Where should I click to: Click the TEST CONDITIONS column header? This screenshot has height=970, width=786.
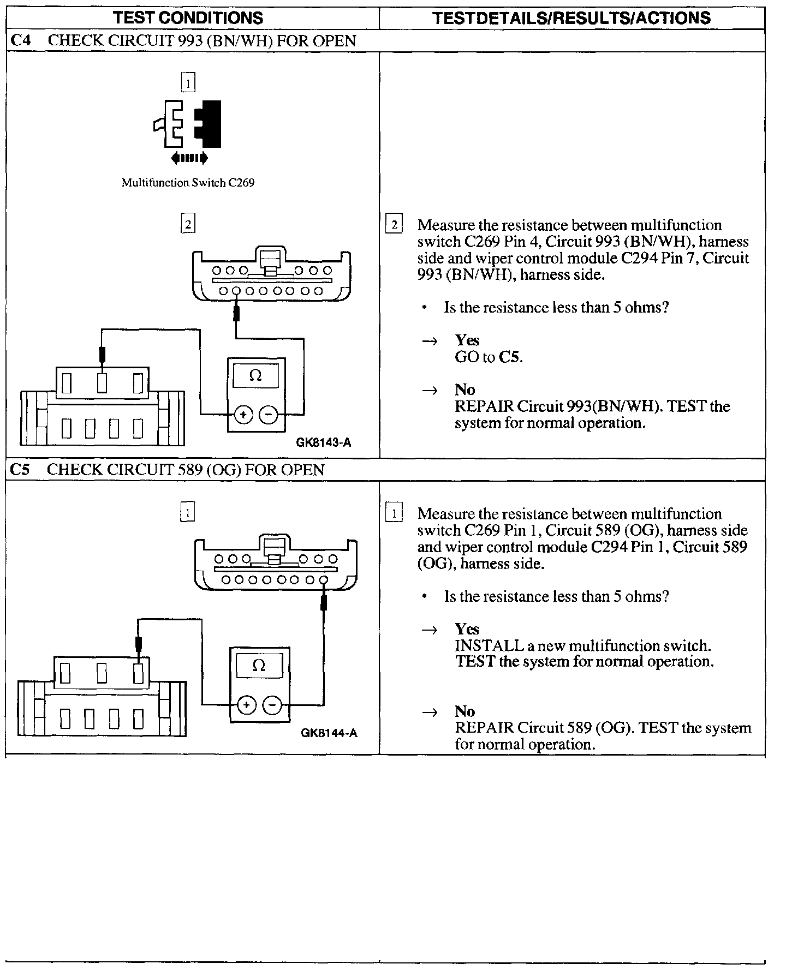click(x=188, y=18)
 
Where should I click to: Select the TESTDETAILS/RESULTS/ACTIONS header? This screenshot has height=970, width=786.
click(x=571, y=18)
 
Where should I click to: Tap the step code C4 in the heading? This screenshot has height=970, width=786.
click(x=20, y=41)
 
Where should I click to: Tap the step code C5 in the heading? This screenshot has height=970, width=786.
click(x=20, y=470)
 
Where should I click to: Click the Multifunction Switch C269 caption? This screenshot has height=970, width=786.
click(x=188, y=183)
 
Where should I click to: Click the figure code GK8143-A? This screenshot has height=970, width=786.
click(x=324, y=442)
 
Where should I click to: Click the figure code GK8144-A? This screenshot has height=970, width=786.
click(x=329, y=733)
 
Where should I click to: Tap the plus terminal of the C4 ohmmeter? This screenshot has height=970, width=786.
click(x=243, y=415)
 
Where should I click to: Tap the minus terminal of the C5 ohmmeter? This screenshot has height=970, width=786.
click(x=272, y=705)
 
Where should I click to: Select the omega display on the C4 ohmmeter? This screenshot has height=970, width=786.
click(x=255, y=375)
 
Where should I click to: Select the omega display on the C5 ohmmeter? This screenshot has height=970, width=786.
click(x=259, y=666)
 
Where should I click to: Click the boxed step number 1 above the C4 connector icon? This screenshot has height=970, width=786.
click(x=188, y=83)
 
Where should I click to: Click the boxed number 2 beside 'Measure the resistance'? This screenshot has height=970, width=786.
click(x=394, y=224)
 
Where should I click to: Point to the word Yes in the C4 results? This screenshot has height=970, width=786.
click(x=467, y=340)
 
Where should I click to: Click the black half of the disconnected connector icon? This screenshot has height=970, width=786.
click(x=210, y=124)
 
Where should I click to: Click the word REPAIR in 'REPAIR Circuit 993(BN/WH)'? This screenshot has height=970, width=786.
click(x=484, y=406)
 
